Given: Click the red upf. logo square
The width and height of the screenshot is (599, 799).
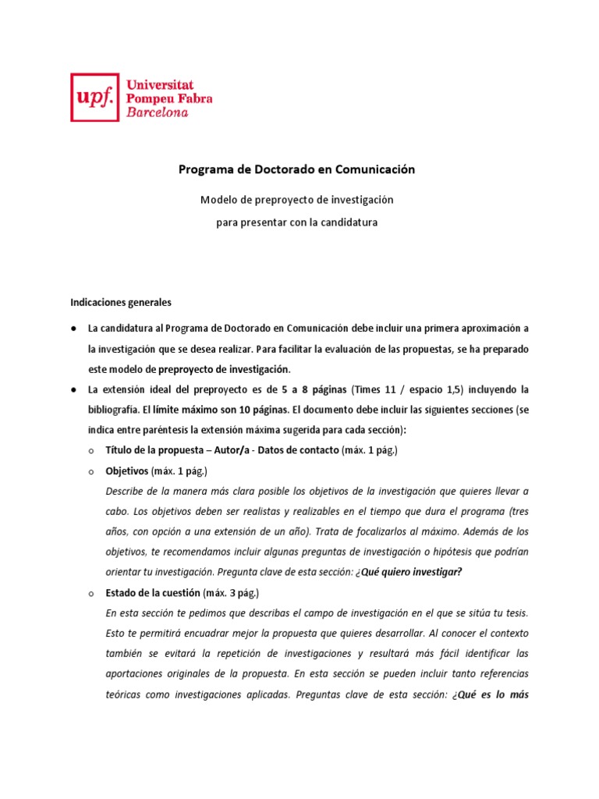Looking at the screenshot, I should (x=95, y=98).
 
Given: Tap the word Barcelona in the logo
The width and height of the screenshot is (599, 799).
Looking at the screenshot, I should (x=157, y=112).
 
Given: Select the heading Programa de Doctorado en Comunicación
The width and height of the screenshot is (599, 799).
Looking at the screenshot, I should (x=297, y=169).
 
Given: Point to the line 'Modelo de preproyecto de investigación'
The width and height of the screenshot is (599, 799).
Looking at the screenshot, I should (x=297, y=200).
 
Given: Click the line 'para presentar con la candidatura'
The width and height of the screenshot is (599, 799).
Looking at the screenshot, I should (x=297, y=222).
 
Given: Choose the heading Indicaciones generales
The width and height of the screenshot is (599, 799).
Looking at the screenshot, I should (x=121, y=301).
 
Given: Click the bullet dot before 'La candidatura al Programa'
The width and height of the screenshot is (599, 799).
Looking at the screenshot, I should (x=73, y=328).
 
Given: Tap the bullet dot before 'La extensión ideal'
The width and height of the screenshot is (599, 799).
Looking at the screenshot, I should (x=73, y=389).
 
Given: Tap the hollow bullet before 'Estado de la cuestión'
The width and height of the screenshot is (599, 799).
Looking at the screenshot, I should (x=91, y=593).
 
